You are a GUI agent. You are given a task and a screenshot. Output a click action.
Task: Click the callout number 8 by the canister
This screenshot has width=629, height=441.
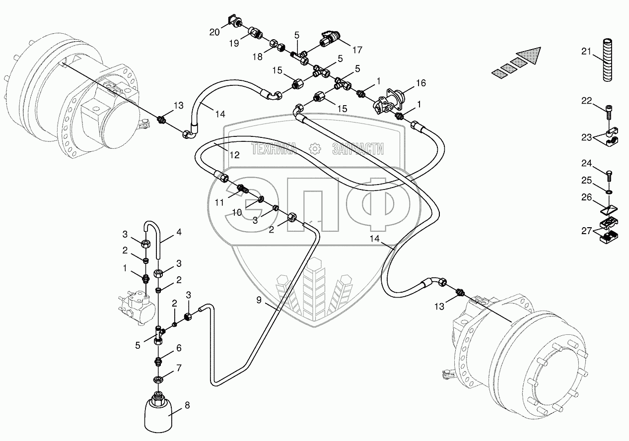(x=187, y=405)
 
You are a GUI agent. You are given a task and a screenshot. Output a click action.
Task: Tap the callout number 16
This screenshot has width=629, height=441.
(x=421, y=82)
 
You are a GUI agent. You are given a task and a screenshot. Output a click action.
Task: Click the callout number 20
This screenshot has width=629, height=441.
(x=214, y=32)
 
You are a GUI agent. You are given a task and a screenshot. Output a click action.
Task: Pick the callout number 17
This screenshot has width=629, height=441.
(x=357, y=50)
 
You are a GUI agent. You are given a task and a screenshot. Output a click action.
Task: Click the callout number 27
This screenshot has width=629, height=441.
(x=587, y=230)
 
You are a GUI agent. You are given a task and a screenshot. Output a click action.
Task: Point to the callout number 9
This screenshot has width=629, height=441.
(x=259, y=300)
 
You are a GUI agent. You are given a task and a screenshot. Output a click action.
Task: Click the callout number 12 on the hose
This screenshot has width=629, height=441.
(x=234, y=155)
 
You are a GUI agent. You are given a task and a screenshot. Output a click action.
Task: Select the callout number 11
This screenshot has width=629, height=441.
(x=219, y=202)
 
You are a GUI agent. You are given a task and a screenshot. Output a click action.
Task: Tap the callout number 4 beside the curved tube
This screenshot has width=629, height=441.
(x=179, y=232)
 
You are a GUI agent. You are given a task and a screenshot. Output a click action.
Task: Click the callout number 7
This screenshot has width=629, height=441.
(x=179, y=368)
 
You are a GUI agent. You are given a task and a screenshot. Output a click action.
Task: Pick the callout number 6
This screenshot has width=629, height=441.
(x=179, y=348)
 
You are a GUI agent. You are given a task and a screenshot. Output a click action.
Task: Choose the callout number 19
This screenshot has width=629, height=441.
(x=234, y=43)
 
